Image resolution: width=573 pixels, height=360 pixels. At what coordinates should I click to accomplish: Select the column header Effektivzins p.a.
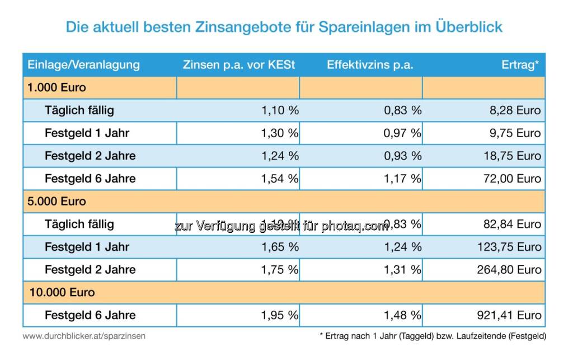(370, 65)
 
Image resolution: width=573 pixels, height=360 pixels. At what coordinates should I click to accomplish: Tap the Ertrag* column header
(520, 65)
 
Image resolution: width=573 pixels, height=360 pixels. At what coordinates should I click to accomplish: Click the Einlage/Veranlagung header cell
(83, 65)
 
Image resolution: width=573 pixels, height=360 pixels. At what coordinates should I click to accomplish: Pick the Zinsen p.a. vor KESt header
(238, 65)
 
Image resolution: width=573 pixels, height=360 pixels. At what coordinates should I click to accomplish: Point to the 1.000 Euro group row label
(57, 88)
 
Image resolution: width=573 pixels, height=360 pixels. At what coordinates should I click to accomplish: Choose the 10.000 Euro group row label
(61, 292)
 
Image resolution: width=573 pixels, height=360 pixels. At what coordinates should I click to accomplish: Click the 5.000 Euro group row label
(57, 201)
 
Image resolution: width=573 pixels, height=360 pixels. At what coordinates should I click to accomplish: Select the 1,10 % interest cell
(280, 110)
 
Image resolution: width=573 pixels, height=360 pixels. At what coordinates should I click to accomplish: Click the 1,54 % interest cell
(280, 179)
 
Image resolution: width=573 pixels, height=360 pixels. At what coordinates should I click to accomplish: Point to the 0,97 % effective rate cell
(402, 133)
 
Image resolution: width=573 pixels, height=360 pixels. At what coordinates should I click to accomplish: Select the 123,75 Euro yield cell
(510, 247)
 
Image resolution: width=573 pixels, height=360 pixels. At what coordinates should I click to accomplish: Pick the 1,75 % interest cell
(280, 270)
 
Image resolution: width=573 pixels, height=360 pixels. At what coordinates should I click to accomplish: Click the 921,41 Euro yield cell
(510, 315)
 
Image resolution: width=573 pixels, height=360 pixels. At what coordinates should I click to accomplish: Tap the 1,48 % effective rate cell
(402, 315)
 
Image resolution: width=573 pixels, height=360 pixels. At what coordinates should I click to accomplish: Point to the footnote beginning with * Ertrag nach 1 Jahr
(433, 336)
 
